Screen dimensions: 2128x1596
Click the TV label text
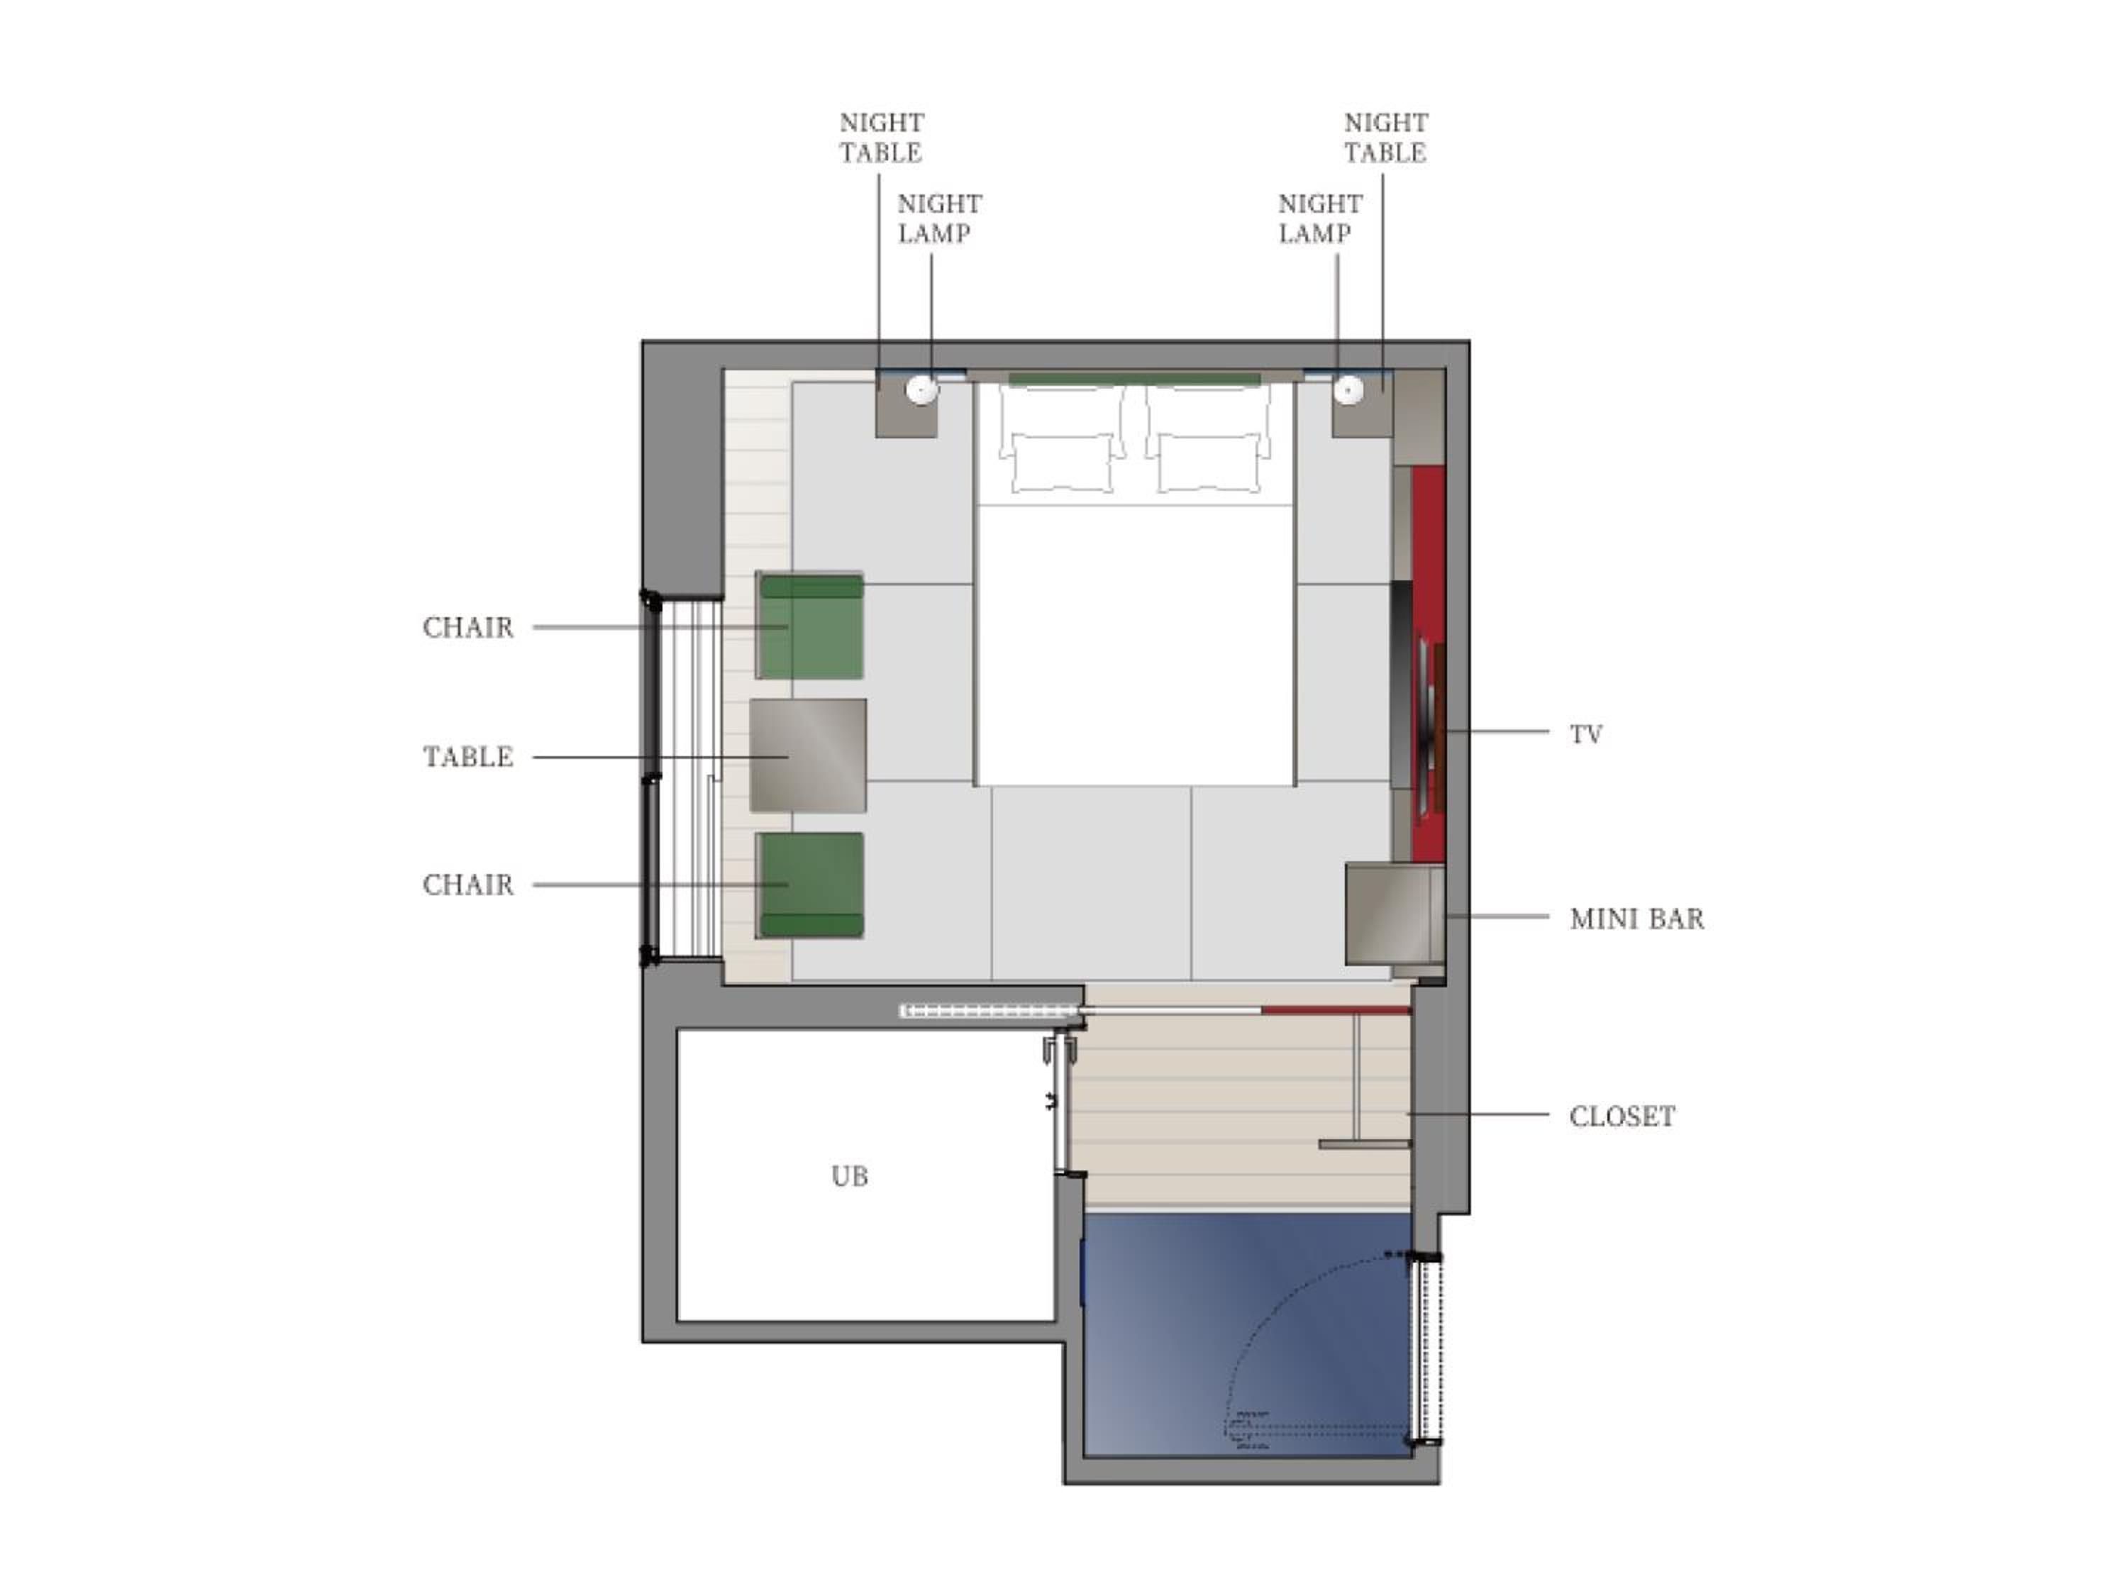point(1586,735)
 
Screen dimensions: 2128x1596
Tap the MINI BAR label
point(1636,919)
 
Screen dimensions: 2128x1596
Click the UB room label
point(850,1175)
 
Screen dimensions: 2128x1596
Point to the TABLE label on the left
point(468,757)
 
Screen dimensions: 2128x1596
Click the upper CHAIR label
point(468,627)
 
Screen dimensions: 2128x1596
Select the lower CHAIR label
point(468,885)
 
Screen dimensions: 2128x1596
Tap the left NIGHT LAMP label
point(939,218)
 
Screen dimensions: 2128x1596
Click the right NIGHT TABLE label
point(1385,138)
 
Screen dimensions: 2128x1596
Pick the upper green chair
point(810,626)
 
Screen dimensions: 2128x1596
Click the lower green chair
point(810,885)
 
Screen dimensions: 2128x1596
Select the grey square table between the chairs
point(808,755)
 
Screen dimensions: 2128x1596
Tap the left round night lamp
point(921,389)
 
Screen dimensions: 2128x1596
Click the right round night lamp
point(1348,389)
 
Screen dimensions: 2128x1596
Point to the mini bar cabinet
point(1395,914)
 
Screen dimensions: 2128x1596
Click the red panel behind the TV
point(1429,664)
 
